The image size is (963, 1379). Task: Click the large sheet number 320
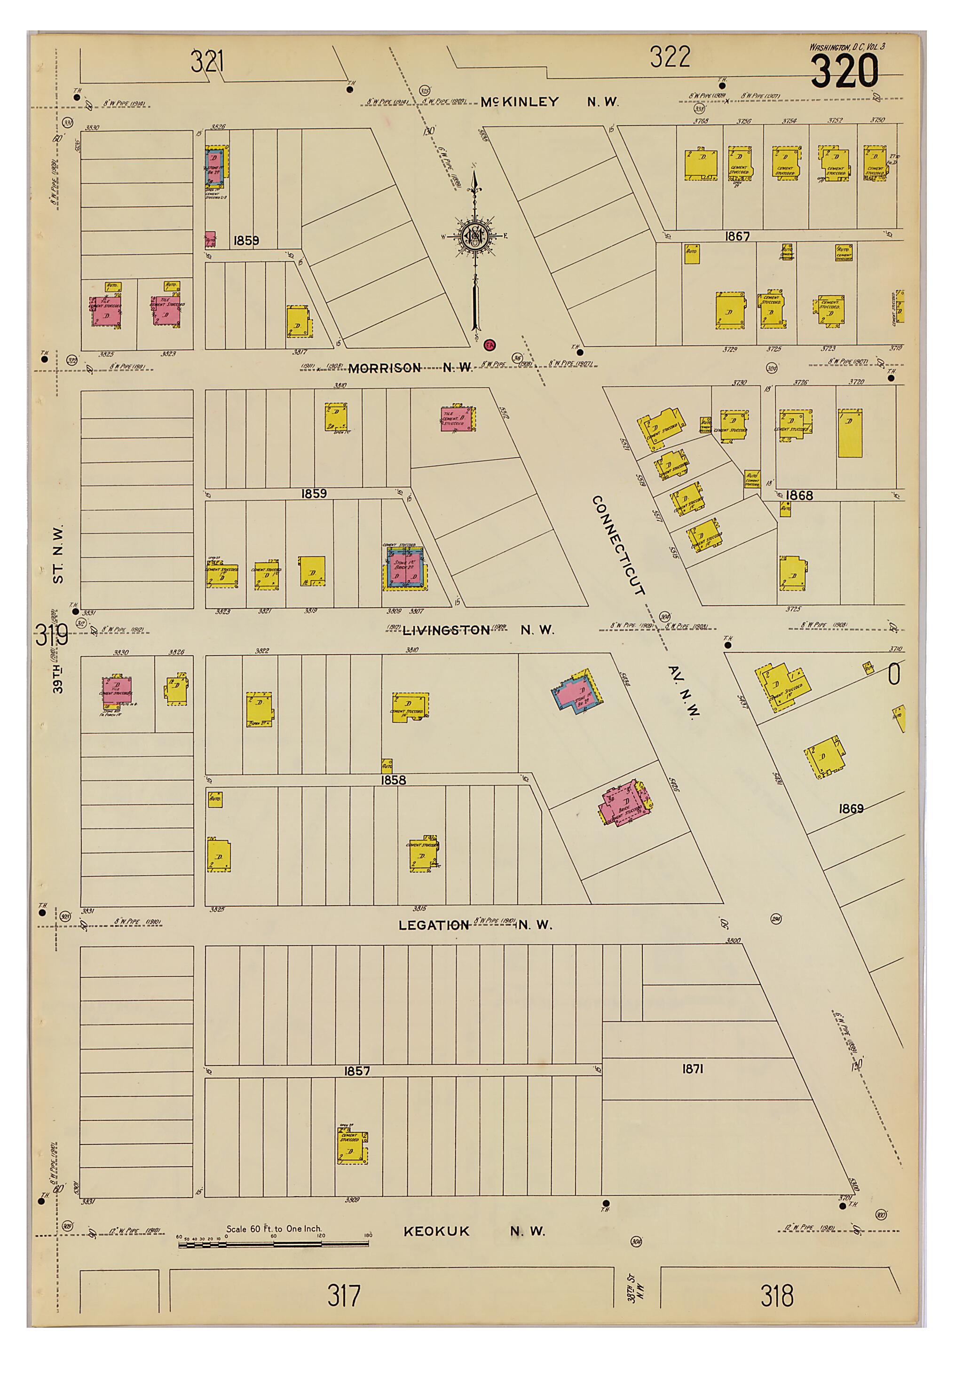click(844, 71)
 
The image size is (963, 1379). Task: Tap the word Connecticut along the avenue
click(618, 545)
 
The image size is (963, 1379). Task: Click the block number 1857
click(357, 1071)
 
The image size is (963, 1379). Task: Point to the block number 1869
click(851, 808)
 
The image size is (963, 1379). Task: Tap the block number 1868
click(798, 495)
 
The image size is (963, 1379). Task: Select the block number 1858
click(393, 780)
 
